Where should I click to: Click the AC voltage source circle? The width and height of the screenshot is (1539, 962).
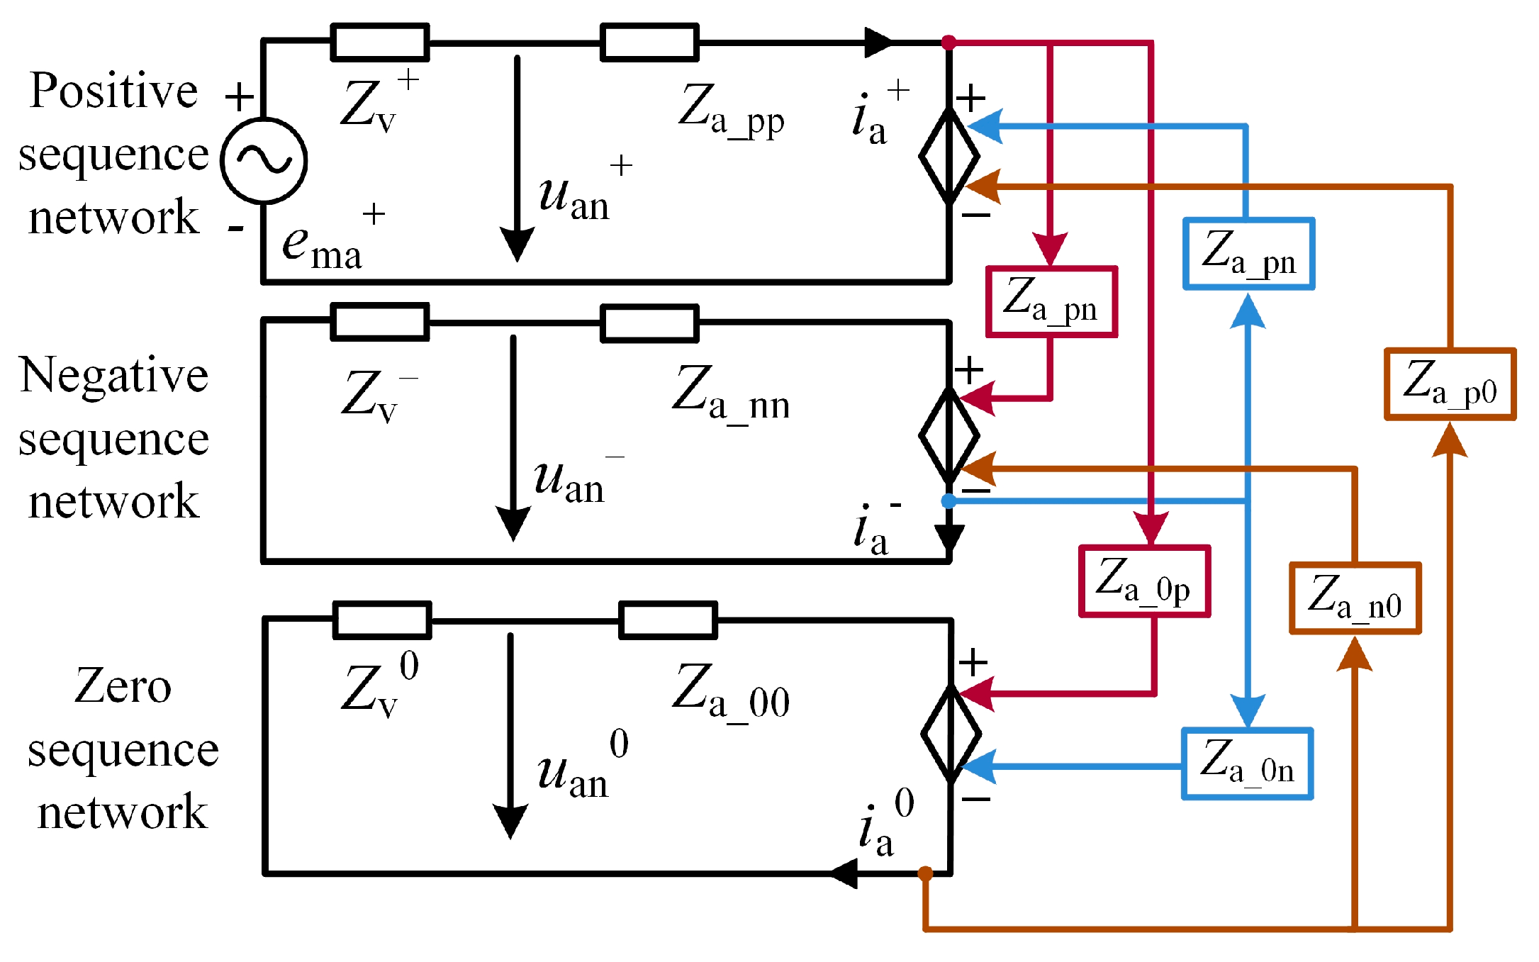(x=264, y=160)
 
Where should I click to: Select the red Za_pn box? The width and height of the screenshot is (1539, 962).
(x=1051, y=301)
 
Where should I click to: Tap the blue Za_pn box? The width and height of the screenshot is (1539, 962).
(x=1248, y=253)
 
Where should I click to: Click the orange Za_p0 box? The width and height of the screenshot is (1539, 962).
(x=1450, y=384)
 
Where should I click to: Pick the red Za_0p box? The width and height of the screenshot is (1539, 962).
(x=1144, y=581)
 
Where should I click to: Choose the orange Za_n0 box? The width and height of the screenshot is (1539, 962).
(x=1355, y=598)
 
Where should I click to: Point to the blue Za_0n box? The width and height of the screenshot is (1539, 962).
(x=1247, y=764)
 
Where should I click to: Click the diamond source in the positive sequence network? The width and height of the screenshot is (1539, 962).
(x=949, y=156)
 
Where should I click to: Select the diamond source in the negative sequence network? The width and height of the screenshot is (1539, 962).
(x=949, y=435)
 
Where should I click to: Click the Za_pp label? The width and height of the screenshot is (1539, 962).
(x=731, y=110)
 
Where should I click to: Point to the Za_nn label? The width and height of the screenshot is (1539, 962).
(x=731, y=393)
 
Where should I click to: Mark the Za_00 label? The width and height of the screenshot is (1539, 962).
(x=731, y=691)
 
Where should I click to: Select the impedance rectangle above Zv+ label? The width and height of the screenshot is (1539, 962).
(x=380, y=43)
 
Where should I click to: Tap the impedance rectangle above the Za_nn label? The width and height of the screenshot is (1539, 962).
(x=649, y=323)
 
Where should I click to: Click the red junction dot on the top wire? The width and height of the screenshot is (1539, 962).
(x=948, y=43)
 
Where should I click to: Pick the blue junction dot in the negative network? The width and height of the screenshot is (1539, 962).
(x=948, y=501)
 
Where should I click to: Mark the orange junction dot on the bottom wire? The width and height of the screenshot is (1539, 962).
(x=925, y=873)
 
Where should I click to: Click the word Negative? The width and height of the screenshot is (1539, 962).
(x=114, y=375)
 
